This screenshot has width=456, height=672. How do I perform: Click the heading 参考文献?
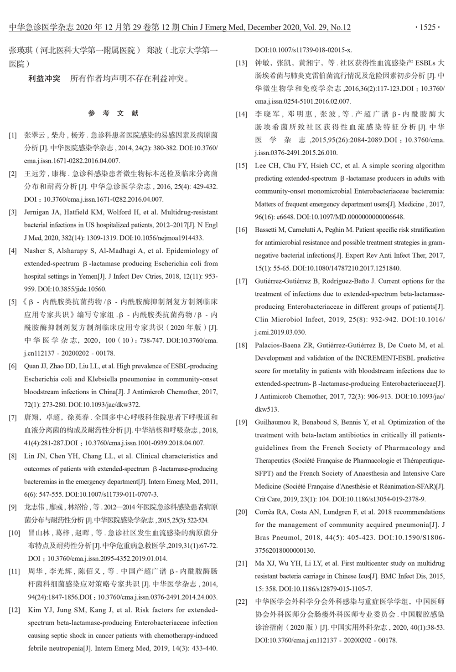[x=114, y=113]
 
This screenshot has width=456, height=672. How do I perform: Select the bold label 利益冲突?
[x=44, y=79]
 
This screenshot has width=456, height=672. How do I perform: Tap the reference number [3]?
[x=13, y=212]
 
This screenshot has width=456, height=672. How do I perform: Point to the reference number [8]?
[x=13, y=456]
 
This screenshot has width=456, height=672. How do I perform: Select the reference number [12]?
[x=15, y=610]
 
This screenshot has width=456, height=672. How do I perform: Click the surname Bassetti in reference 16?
[x=268, y=230]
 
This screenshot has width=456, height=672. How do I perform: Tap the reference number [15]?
[x=242, y=166]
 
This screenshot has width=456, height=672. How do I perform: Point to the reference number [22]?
[x=242, y=602]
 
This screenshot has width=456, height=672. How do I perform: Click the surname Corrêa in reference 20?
[x=265, y=512]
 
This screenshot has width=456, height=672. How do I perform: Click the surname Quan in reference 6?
[x=32, y=366]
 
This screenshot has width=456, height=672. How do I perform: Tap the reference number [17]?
[x=242, y=281]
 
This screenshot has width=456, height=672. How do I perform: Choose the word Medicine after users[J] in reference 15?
[x=412, y=204]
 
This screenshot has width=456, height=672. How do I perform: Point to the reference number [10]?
[x=15, y=533]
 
